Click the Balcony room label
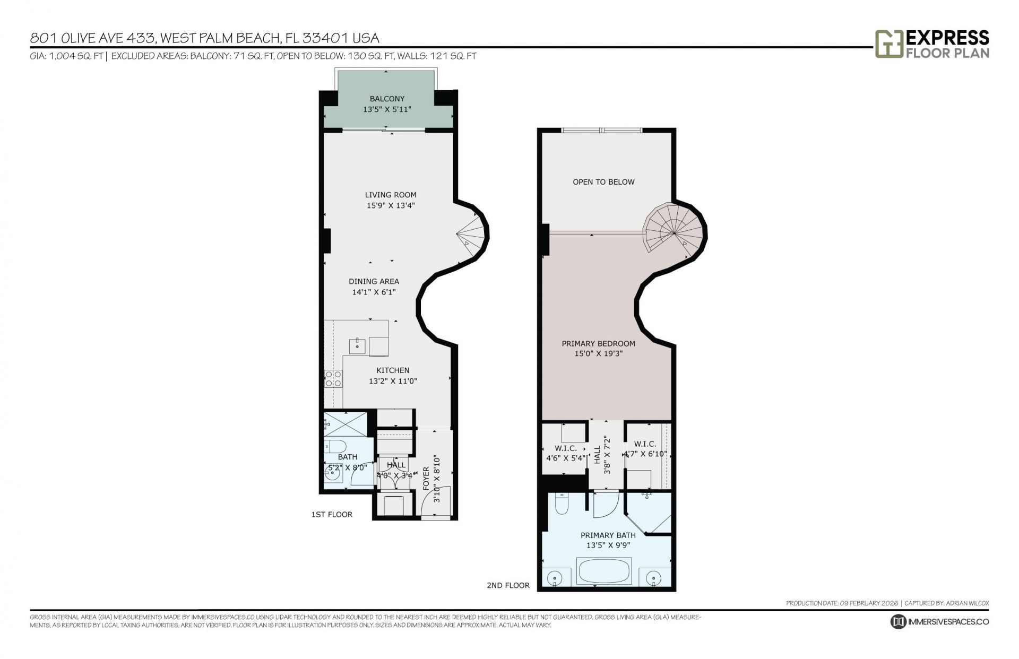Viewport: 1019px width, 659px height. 387,99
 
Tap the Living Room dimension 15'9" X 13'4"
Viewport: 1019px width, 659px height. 390,206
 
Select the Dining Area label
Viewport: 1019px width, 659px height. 374,282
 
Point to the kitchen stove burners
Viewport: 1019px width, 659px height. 333,379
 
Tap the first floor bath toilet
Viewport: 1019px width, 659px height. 335,445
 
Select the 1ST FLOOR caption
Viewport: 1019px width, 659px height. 332,515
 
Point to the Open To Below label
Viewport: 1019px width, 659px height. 603,182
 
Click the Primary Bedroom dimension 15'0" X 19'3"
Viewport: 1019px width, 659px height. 598,354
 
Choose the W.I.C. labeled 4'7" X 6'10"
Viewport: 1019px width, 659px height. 645,454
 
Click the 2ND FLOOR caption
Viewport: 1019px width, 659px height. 508,586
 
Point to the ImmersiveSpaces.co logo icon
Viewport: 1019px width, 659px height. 898,622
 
